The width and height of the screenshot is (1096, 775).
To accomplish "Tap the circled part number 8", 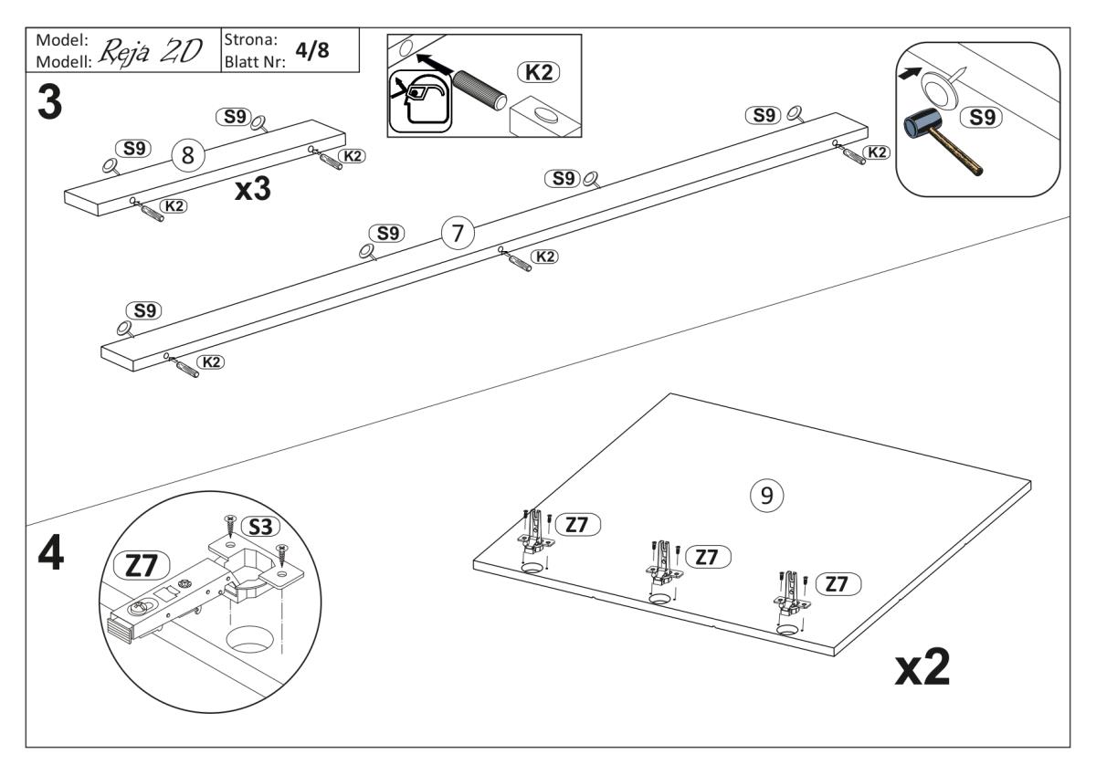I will [x=187, y=156].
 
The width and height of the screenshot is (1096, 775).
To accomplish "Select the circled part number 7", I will [x=458, y=234].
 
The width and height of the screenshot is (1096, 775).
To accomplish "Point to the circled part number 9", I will [x=766, y=495].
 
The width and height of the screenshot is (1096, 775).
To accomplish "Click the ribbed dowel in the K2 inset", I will [x=483, y=91].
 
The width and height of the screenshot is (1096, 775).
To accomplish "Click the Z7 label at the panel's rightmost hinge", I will [x=837, y=585].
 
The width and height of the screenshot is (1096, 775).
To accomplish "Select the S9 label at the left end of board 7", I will [x=143, y=311].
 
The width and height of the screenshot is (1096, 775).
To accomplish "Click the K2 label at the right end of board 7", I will [x=877, y=152].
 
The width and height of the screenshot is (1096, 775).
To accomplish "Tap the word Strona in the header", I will [x=249, y=41].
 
